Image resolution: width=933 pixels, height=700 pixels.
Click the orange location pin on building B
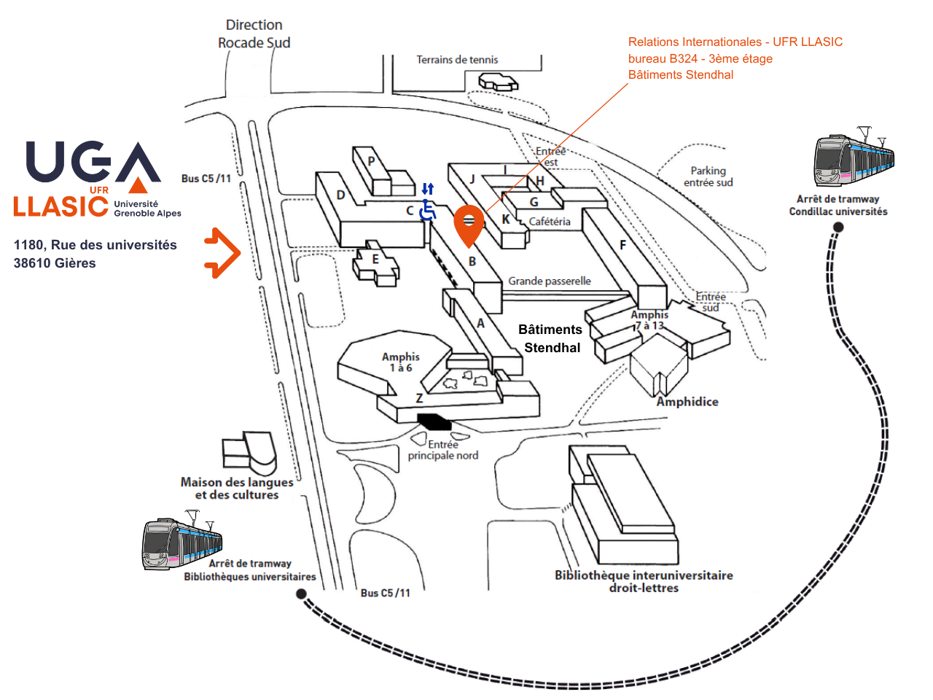[469, 224]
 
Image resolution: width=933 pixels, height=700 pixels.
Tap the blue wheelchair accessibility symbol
[428, 211]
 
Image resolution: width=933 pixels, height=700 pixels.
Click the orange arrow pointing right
[222, 253]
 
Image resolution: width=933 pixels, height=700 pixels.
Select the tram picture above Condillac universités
[854, 160]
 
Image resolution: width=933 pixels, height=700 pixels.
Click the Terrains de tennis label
[457, 60]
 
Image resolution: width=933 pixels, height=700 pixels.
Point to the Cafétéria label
[550, 222]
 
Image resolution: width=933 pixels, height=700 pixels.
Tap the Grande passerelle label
[550, 281]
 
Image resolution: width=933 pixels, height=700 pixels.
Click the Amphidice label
[687, 402]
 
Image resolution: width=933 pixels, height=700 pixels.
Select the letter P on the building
[372, 161]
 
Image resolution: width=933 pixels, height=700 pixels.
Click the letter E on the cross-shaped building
[375, 259]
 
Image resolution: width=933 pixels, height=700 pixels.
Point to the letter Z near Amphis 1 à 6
[419, 398]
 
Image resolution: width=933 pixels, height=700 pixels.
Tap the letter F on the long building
[622, 245]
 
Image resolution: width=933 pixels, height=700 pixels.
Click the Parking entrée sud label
[708, 176]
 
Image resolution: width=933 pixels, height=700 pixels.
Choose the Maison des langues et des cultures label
[237, 489]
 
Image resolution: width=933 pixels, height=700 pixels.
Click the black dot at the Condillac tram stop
[838, 227]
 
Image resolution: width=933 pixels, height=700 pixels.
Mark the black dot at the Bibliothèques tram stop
[301, 594]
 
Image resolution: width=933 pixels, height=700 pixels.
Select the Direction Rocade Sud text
[254, 34]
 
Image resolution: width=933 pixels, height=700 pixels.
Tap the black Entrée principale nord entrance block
[434, 421]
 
